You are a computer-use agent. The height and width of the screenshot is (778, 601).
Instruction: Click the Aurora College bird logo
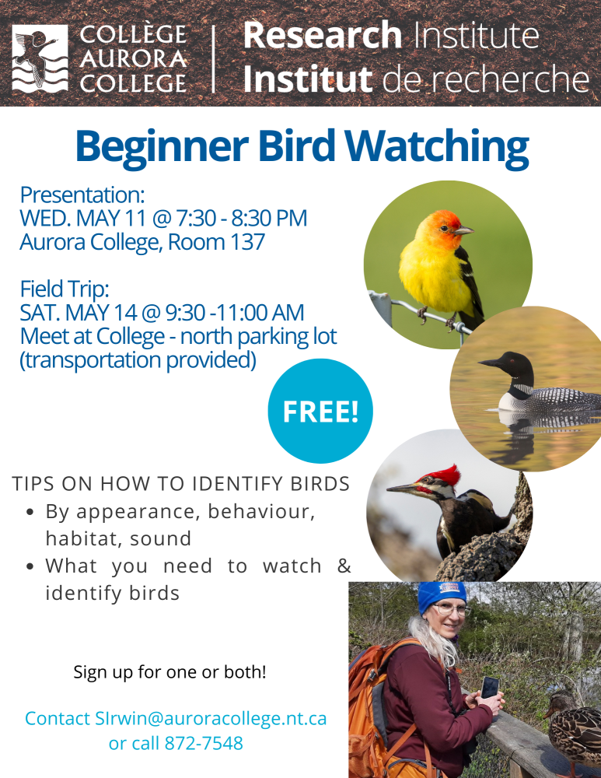coord(40,58)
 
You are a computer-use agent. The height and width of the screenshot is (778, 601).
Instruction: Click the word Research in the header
coord(323,35)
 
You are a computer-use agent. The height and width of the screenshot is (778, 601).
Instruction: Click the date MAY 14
coord(101,313)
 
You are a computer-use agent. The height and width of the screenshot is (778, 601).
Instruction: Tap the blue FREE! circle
coord(320,411)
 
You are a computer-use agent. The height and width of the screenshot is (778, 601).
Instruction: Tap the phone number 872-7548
coord(204,743)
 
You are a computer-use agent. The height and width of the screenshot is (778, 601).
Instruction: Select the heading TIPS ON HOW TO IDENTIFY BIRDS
coord(181,484)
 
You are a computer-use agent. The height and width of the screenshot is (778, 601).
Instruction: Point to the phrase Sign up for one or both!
coord(169,672)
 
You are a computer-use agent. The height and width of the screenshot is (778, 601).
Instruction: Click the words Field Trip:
coord(64,289)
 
